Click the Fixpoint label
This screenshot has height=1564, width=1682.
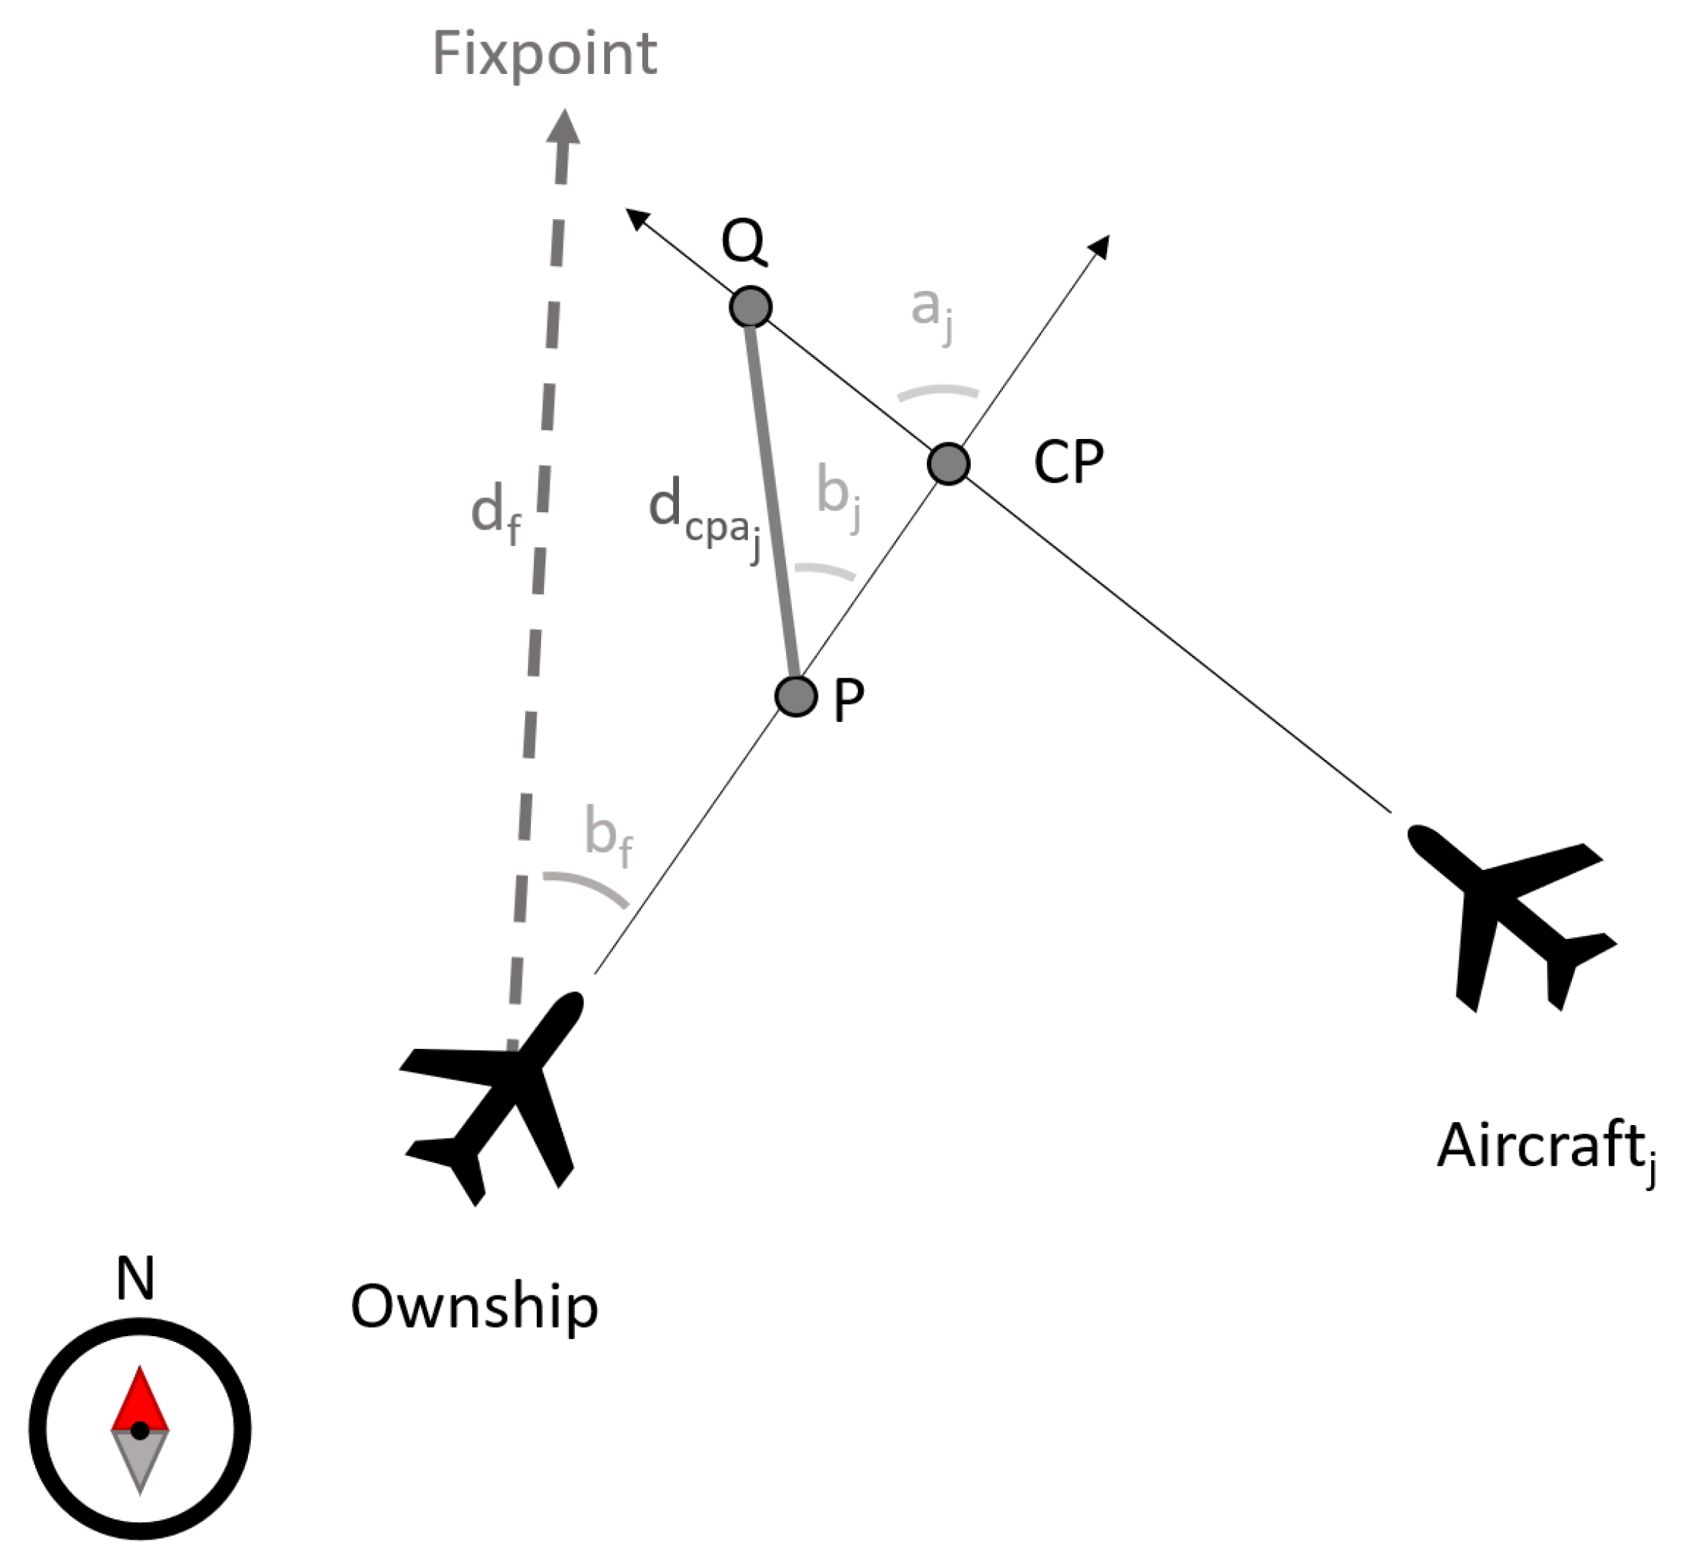(x=544, y=54)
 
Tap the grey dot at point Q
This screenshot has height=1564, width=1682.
(x=751, y=306)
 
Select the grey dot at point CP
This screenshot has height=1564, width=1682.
(x=948, y=463)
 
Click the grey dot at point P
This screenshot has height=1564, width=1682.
(x=795, y=696)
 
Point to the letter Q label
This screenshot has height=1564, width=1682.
(x=744, y=243)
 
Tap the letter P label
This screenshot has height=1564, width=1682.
(x=849, y=701)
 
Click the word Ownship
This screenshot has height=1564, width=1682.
(x=473, y=1306)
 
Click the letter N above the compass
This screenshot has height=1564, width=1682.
(x=135, y=1279)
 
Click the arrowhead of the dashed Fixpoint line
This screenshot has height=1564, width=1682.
(x=563, y=131)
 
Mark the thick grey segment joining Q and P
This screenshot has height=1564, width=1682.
(x=772, y=499)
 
